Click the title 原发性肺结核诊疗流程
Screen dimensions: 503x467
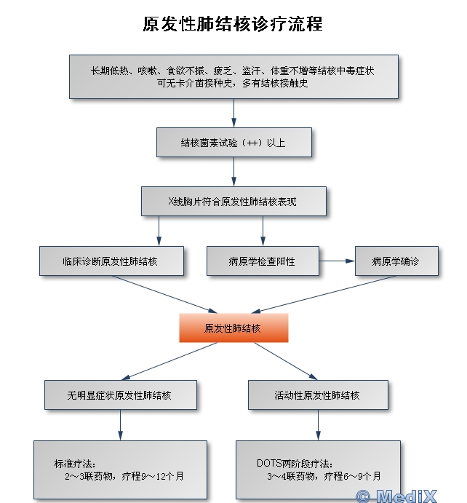pyautogui.click(x=233, y=24)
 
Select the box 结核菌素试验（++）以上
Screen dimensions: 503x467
pyautogui.click(x=233, y=143)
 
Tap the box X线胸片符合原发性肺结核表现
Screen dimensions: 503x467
pyautogui.click(x=233, y=202)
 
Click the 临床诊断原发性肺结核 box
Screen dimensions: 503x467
pyautogui.click(x=111, y=261)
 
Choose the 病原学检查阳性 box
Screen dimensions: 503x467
pyautogui.click(x=262, y=261)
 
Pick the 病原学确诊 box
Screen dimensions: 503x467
pyautogui.click(x=396, y=261)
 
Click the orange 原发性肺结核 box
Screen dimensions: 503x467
pyautogui.click(x=233, y=328)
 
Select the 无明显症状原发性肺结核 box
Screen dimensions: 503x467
pyautogui.click(x=120, y=395)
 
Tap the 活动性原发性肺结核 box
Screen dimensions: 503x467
pyautogui.click(x=317, y=395)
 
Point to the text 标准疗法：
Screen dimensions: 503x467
pyautogui.click(x=75, y=463)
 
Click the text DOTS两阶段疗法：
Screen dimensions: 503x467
pyautogui.click(x=295, y=463)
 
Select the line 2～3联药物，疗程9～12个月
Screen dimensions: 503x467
pyautogui.click(x=124, y=476)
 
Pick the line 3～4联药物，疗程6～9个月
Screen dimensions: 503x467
pyautogui.click(x=324, y=476)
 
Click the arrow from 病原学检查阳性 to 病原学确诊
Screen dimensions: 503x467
pyautogui.click(x=336, y=261)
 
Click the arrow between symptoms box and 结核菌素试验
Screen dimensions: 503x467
pyautogui.click(x=233, y=114)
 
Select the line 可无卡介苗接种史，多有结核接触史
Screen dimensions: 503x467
pyautogui.click(x=233, y=83)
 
